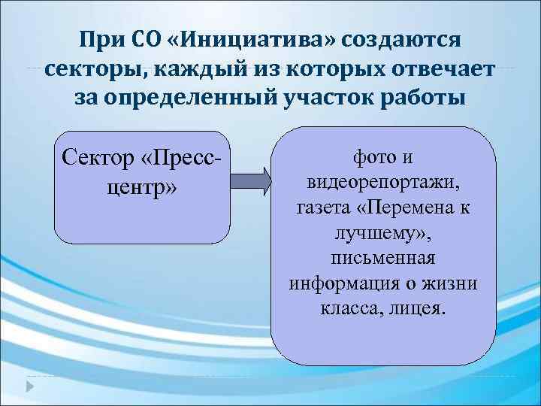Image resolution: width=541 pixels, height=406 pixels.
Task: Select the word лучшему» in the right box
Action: (x=383, y=234)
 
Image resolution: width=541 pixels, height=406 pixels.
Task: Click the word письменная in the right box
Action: (x=383, y=259)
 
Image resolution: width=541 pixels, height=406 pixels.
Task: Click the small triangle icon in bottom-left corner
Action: (x=31, y=386)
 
